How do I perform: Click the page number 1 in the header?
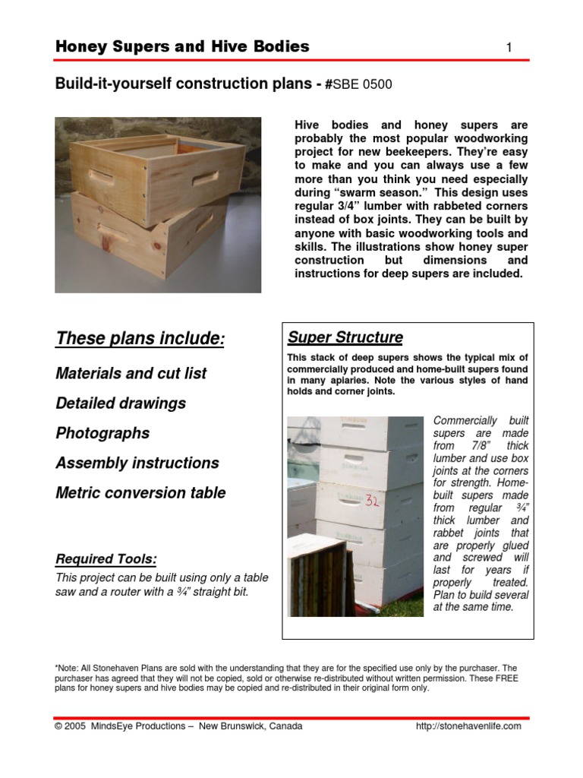(x=509, y=48)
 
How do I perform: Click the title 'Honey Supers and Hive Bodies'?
(x=182, y=46)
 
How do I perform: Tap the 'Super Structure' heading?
(x=345, y=337)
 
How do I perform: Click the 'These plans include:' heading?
(x=140, y=339)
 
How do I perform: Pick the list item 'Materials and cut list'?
(x=131, y=373)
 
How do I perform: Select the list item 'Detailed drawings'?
(x=121, y=403)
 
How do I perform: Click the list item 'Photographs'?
(x=102, y=433)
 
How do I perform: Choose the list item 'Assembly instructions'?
(x=137, y=463)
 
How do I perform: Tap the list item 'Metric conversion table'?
(x=140, y=492)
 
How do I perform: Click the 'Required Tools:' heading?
(x=106, y=560)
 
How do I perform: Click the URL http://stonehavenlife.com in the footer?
(x=468, y=726)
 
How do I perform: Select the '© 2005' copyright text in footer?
(x=71, y=726)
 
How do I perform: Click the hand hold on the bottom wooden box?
(x=113, y=232)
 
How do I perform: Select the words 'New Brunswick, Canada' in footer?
(x=251, y=726)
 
